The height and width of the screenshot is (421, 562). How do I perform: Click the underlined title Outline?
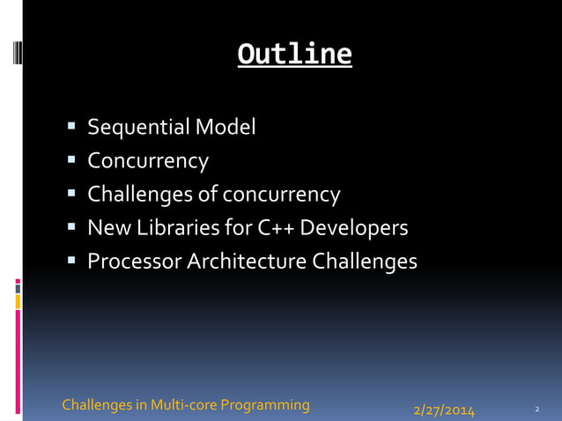[295, 55]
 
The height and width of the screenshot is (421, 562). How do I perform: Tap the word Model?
[226, 128]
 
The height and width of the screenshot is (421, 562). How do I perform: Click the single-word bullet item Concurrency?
[148, 161]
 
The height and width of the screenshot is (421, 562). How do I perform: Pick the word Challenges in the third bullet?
[141, 195]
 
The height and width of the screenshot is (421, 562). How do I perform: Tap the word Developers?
[355, 228]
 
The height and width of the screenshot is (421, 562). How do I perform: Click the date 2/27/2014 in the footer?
[444, 410]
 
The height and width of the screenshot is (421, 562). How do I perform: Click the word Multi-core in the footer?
[183, 405]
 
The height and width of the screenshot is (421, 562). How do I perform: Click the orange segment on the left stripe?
[18, 301]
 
